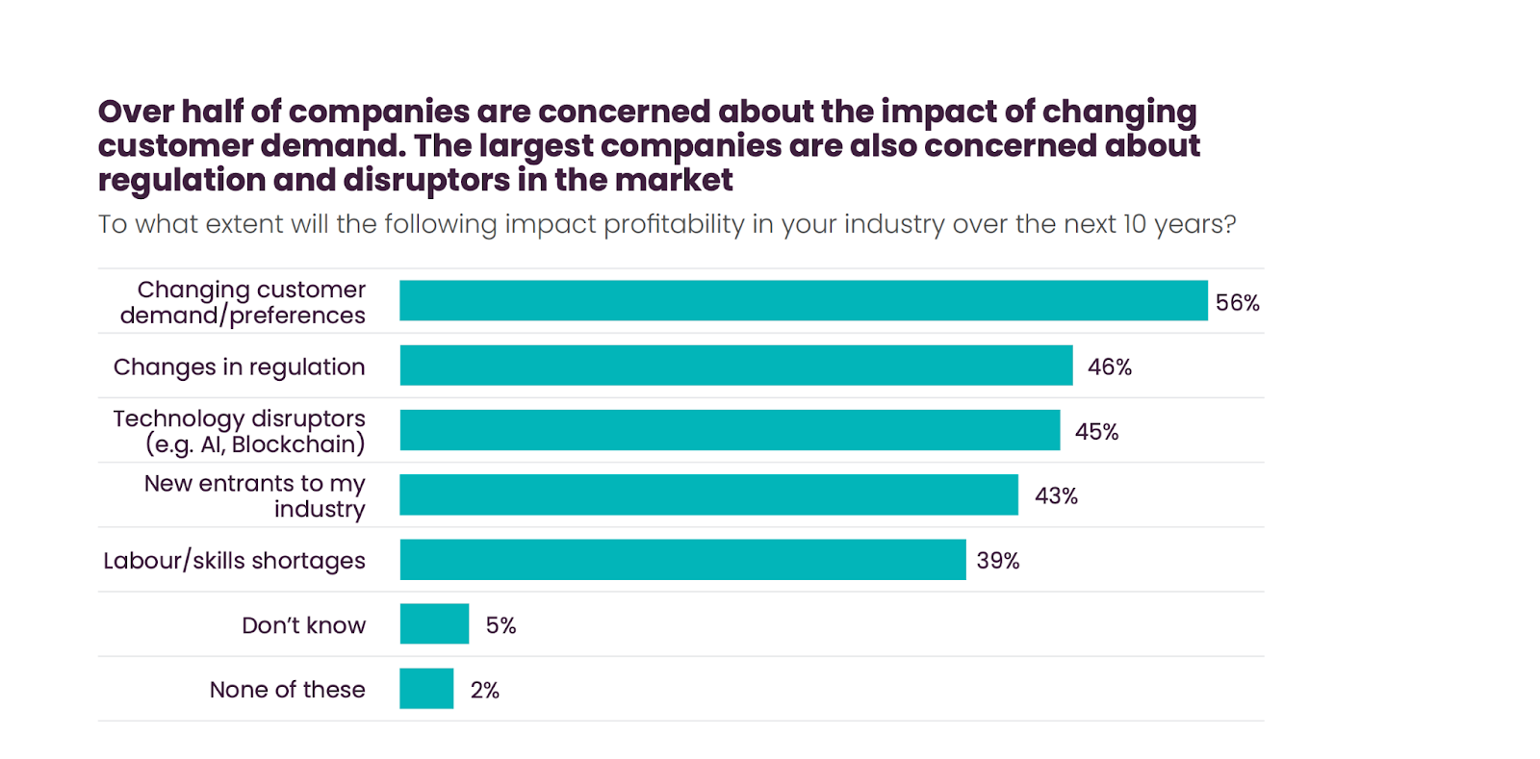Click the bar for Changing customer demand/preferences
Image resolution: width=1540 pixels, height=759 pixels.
(803, 300)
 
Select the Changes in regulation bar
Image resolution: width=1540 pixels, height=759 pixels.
(735, 366)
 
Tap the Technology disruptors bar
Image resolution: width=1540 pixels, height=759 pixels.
(730, 430)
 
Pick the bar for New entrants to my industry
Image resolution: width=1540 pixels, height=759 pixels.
(708, 494)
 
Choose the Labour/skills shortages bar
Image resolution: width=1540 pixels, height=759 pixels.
(682, 560)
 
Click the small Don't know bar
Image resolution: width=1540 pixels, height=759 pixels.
(434, 624)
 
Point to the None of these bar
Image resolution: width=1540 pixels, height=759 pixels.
(426, 689)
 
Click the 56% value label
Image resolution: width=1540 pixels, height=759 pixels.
(1237, 303)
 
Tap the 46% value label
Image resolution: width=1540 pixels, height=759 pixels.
(1109, 367)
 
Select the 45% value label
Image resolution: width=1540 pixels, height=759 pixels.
(1096, 432)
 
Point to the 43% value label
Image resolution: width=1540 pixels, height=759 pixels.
(1056, 496)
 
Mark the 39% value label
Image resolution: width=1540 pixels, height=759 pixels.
(997, 561)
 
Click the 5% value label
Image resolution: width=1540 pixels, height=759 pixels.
(500, 626)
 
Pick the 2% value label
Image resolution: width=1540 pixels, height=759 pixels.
(484, 691)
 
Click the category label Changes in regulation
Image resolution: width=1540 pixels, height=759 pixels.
(239, 367)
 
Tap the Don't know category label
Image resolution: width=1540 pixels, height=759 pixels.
(303, 625)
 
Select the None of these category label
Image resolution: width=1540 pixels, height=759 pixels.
(287, 690)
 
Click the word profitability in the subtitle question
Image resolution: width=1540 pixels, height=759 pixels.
(673, 224)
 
